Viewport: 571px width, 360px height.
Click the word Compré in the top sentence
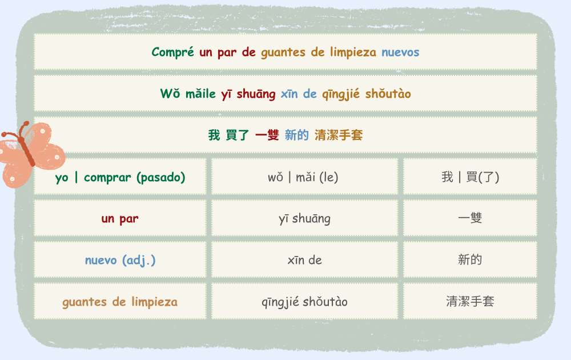172,52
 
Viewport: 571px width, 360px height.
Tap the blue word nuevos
400,52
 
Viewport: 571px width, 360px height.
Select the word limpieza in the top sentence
353,52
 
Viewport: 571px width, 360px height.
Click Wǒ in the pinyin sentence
170,93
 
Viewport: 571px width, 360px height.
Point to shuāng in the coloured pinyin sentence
256,94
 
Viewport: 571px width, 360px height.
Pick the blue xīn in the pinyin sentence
289,94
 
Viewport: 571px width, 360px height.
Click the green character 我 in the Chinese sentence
214,135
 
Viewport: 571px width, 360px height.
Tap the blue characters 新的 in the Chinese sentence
296,135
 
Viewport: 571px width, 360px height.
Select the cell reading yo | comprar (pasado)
120,177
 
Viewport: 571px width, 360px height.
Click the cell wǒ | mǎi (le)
304,177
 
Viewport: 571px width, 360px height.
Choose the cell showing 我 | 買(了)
470,177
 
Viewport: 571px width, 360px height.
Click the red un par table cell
120,218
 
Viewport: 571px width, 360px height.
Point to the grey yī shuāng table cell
304,218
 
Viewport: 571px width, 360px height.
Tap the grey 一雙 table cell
470,218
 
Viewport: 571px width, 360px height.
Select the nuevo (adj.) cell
120,260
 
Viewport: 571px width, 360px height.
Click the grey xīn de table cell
304,260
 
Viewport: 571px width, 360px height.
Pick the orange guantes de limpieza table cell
120,301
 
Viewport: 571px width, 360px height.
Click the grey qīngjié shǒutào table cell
304,301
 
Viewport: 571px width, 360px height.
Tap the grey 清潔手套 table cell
470,301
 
